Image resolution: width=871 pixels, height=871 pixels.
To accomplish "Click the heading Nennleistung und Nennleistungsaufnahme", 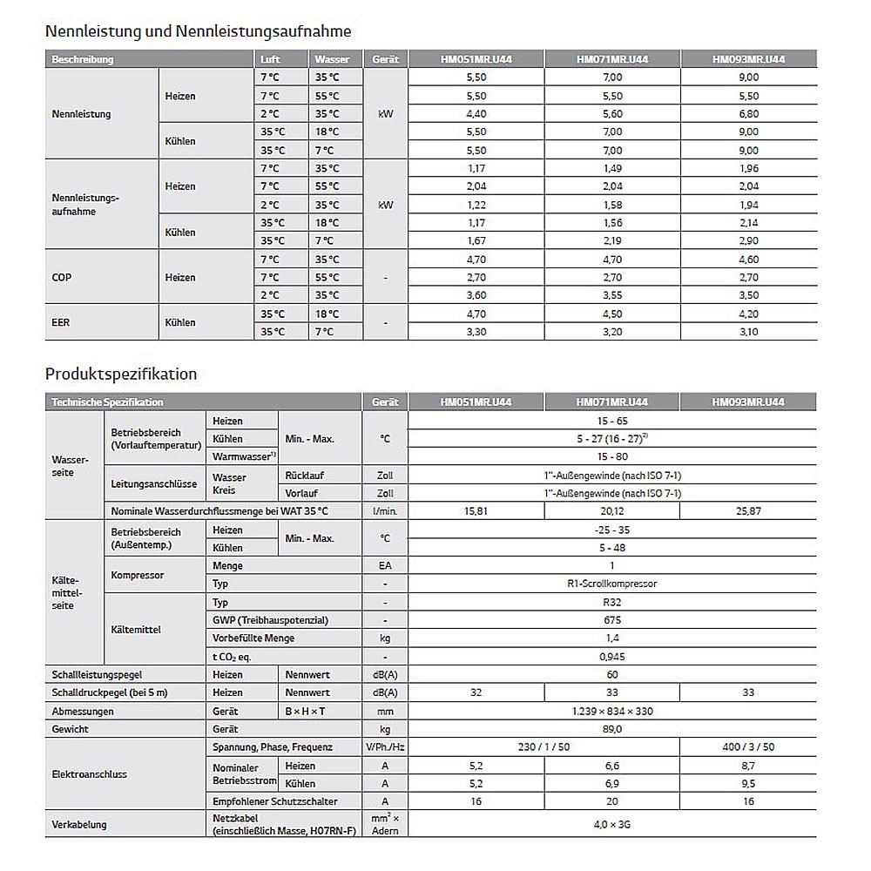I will pyautogui.click(x=198, y=31).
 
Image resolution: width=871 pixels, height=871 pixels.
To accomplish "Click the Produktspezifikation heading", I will pyautogui.click(x=121, y=374).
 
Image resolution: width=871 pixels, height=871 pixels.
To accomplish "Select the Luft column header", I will pyautogui.click(x=270, y=59).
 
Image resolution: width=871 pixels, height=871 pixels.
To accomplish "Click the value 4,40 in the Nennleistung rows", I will pyautogui.click(x=476, y=113).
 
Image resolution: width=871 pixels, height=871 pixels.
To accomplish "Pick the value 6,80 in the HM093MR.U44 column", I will pyautogui.click(x=747, y=113).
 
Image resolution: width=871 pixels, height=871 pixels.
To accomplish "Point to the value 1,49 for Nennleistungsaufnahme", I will pyautogui.click(x=611, y=168).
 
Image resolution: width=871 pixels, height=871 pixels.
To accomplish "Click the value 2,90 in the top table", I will pyautogui.click(x=747, y=240).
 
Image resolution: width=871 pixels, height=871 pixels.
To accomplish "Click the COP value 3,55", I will pyautogui.click(x=611, y=295).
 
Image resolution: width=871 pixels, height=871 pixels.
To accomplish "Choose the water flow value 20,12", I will pyautogui.click(x=611, y=511).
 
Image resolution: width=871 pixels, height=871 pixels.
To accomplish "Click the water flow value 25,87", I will pyautogui.click(x=747, y=511).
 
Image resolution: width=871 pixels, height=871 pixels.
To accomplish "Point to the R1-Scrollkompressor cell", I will pyautogui.click(x=611, y=584).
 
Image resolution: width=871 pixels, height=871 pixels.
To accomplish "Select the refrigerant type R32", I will pyautogui.click(x=611, y=602).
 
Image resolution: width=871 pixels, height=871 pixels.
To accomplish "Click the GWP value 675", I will pyautogui.click(x=611, y=620).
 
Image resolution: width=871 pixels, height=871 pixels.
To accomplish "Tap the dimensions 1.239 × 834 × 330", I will pyautogui.click(x=611, y=711).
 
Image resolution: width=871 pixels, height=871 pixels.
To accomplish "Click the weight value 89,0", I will pyautogui.click(x=611, y=729).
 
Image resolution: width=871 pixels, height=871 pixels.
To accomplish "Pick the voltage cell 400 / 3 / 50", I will pyautogui.click(x=747, y=747).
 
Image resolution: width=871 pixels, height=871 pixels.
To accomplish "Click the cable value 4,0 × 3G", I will pyautogui.click(x=611, y=824).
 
